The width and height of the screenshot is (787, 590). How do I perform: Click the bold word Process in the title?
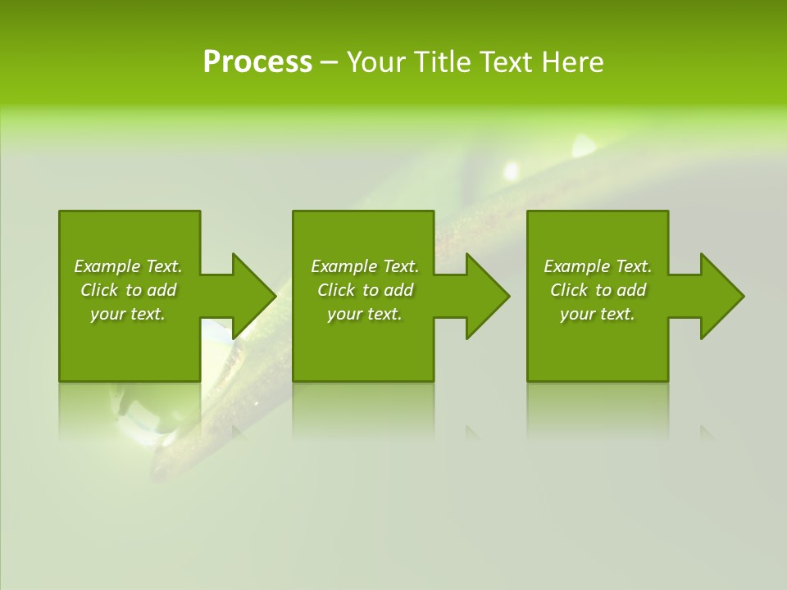257,62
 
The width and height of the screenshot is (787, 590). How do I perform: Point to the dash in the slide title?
329,63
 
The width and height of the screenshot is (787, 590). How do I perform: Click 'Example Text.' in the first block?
128,266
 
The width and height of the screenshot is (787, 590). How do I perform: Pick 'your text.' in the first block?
128,314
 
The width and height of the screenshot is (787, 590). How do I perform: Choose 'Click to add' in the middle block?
365,290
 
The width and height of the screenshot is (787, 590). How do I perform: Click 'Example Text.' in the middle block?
365,266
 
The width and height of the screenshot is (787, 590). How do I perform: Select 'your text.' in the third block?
598,314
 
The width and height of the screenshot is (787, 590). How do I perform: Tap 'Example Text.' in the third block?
598,266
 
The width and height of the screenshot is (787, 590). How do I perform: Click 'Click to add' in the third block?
598,290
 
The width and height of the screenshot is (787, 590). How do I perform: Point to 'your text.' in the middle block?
365,314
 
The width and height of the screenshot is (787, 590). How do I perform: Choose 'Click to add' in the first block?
128,290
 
